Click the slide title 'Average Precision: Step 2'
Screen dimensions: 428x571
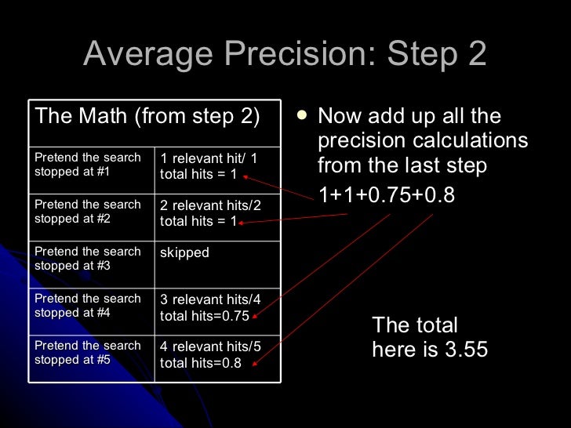coord(285,54)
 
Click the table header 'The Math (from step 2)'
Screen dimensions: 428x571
coord(147,117)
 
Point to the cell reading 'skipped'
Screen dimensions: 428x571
coord(184,253)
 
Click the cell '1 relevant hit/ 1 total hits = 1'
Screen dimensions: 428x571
coord(208,166)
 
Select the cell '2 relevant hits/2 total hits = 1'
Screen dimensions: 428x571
coord(210,213)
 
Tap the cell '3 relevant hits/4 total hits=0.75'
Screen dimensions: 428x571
coord(210,307)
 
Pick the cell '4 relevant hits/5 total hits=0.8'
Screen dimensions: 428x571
coord(210,354)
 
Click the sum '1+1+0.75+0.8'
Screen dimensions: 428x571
coord(386,194)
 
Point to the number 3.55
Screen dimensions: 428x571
coord(466,349)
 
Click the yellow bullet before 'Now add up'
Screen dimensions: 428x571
coord(302,116)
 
